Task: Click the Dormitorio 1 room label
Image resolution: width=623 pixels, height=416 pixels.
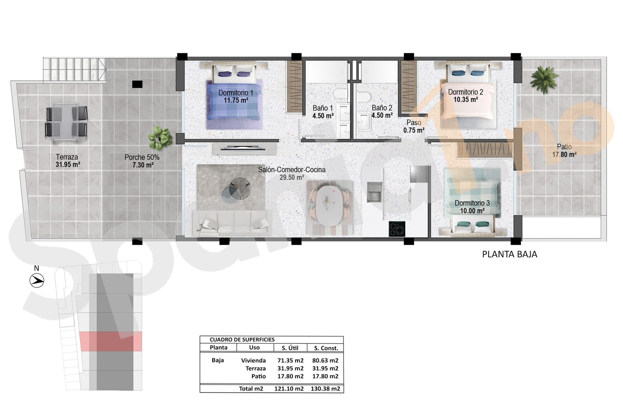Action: (x=236, y=93)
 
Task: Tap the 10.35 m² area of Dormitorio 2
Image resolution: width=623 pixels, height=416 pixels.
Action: (x=466, y=99)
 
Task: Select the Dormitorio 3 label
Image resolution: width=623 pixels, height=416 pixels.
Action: (x=472, y=203)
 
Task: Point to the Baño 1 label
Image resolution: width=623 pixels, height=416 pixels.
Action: (x=323, y=108)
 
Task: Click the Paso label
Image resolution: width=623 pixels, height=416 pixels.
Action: (x=414, y=122)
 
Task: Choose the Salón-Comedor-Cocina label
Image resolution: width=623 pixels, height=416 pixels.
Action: (x=292, y=170)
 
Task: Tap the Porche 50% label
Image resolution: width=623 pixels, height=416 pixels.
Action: (x=142, y=158)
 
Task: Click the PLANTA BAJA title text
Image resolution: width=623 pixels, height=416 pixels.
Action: (x=510, y=254)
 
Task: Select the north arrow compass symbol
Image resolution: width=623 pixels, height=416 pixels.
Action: (x=37, y=281)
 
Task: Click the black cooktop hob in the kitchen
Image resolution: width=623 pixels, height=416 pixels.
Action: (x=397, y=229)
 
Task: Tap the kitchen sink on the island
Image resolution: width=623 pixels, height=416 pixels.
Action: (x=374, y=192)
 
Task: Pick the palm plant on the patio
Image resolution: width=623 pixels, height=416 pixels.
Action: (x=544, y=80)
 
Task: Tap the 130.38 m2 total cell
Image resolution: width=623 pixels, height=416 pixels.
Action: (x=326, y=389)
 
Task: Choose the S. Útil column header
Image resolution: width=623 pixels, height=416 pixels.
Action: (x=290, y=348)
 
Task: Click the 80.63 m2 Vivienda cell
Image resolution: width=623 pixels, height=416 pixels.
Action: (x=326, y=361)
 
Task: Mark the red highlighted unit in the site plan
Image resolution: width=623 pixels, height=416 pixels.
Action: (x=111, y=342)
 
